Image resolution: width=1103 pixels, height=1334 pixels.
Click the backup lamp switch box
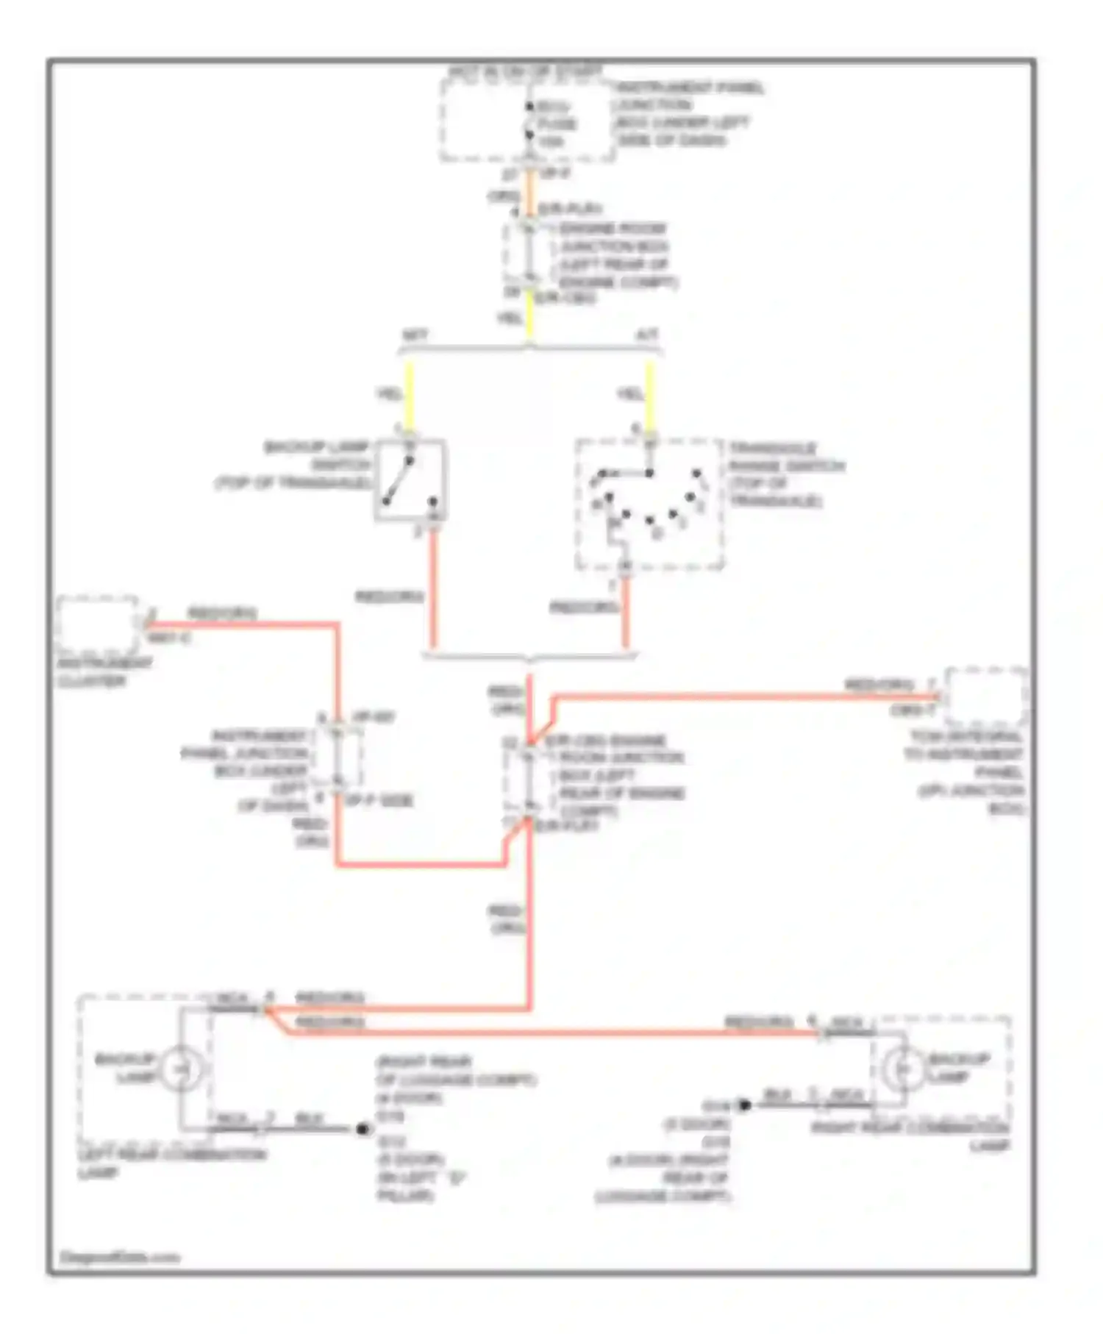410,480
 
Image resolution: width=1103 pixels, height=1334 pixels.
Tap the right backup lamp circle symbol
902,1067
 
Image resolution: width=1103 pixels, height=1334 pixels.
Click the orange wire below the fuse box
529,193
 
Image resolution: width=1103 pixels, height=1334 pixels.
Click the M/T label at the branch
414,335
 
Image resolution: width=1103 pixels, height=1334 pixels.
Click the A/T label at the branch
646,335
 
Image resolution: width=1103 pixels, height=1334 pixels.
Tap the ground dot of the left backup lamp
363,1129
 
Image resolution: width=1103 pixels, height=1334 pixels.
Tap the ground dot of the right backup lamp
744,1105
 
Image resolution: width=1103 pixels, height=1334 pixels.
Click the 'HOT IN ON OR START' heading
525,72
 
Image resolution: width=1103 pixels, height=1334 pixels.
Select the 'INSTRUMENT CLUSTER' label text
104,672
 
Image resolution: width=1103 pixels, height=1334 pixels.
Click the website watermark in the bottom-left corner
119,1258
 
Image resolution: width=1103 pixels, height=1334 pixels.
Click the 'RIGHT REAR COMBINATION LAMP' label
912,1135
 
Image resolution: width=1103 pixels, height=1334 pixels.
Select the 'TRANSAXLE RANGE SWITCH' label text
785,474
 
